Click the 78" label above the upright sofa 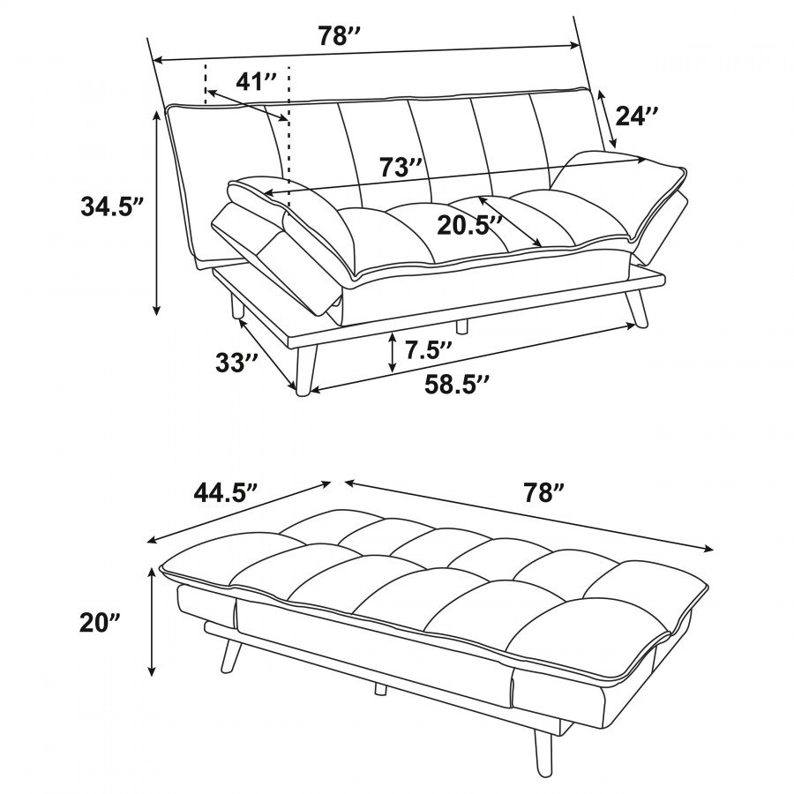(x=339, y=36)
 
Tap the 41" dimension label (x=257, y=81)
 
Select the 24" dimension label (x=636, y=116)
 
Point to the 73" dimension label (x=401, y=167)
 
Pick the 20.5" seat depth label (x=469, y=225)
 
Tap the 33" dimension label (x=236, y=363)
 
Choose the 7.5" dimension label (x=428, y=349)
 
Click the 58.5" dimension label (x=457, y=385)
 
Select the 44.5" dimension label (x=226, y=491)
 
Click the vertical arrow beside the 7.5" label (x=393, y=352)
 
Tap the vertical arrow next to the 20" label (x=151, y=621)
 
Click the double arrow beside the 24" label (x=607, y=119)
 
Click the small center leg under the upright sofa (x=461, y=326)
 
